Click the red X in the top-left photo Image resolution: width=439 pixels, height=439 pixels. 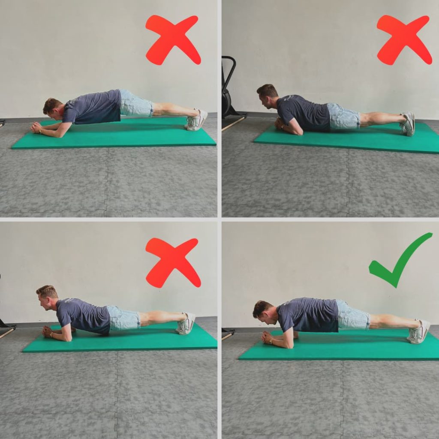point(173,39)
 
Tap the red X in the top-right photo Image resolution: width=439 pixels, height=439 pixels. point(404,39)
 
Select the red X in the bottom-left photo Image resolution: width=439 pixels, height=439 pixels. point(173,262)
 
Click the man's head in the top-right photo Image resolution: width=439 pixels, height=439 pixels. point(267,95)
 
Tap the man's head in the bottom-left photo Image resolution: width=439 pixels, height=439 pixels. point(46,296)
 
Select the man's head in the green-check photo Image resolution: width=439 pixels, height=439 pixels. point(262,312)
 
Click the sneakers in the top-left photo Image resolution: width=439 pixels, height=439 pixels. point(197,120)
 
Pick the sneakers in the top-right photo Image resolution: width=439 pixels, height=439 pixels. point(408,124)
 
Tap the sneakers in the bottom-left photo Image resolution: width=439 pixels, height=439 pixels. point(186,325)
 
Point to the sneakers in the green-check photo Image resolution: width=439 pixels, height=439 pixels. point(418,332)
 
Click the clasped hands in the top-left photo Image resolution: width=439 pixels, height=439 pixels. point(36,127)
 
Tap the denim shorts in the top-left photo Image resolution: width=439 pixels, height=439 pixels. point(135,104)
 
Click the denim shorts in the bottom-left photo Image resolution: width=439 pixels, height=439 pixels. point(123,319)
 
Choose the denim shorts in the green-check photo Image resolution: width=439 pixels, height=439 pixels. point(353,315)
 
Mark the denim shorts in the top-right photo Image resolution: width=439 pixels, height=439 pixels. point(343,117)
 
